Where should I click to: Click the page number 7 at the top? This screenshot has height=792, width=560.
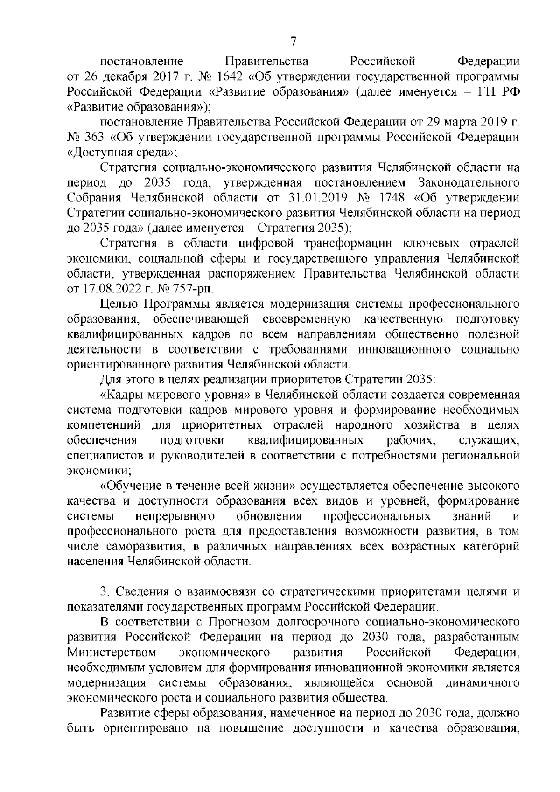click(293, 42)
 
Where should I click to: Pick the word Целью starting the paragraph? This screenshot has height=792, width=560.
click(119, 305)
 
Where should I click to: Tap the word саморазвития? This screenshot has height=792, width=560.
click(141, 546)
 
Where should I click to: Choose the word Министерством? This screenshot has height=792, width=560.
click(112, 652)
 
